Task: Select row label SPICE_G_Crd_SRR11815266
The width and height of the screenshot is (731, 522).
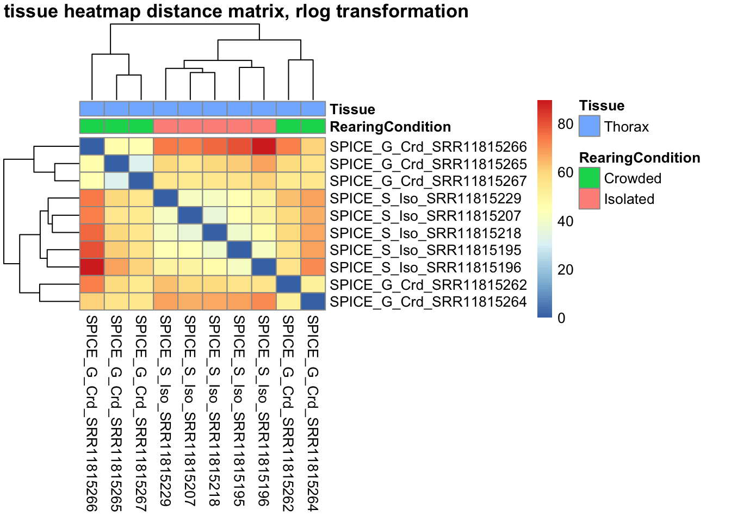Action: pyautogui.click(x=428, y=147)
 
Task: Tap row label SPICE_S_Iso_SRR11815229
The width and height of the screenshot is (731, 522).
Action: pyautogui.click(x=425, y=198)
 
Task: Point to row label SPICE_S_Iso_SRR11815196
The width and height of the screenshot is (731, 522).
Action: pyautogui.click(x=425, y=268)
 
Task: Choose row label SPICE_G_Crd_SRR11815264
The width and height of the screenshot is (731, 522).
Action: pyautogui.click(x=428, y=302)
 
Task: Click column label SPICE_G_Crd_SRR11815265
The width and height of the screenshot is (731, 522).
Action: pyautogui.click(x=116, y=413)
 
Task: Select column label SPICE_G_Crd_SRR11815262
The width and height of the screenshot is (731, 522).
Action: pyautogui.click(x=288, y=413)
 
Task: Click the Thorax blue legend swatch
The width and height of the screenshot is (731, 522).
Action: pyautogui.click(x=590, y=126)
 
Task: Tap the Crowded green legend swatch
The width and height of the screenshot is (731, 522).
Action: pyautogui.click(x=590, y=178)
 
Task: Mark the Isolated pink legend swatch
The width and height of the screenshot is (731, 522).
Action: pyautogui.click(x=590, y=198)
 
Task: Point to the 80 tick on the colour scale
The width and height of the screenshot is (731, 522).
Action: pyautogui.click(x=566, y=124)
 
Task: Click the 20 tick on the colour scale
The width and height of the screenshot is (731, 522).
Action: pyautogui.click(x=566, y=270)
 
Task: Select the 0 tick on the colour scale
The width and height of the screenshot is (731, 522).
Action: pyautogui.click(x=562, y=318)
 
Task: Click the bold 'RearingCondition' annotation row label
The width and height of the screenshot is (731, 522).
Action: pyautogui.click(x=390, y=127)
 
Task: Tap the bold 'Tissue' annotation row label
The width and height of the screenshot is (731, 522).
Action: pyautogui.click(x=352, y=109)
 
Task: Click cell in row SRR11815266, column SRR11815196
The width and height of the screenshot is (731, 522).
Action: pyautogui.click(x=264, y=147)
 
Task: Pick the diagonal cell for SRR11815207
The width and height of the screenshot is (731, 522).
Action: pyautogui.click(x=190, y=216)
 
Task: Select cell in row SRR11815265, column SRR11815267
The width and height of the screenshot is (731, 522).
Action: pyautogui.click(x=141, y=164)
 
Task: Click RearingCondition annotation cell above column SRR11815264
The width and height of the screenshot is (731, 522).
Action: pyautogui.click(x=313, y=126)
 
